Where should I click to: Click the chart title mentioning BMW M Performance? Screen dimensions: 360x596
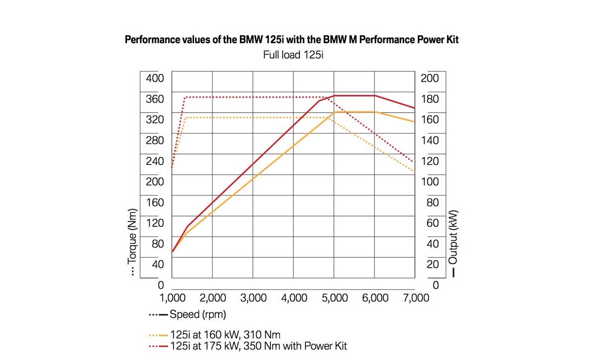(292, 40)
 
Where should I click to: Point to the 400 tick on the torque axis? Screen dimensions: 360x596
(154, 78)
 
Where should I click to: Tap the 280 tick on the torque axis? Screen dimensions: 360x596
(154, 140)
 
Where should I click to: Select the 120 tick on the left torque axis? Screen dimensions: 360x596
(154, 222)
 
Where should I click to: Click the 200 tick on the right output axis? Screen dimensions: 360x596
(430, 78)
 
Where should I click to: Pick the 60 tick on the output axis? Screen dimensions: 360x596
(433, 222)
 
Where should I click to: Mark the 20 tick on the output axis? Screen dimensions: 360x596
(433, 264)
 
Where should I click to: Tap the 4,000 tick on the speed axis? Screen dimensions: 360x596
(294, 298)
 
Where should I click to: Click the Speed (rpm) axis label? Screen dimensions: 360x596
(197, 314)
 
